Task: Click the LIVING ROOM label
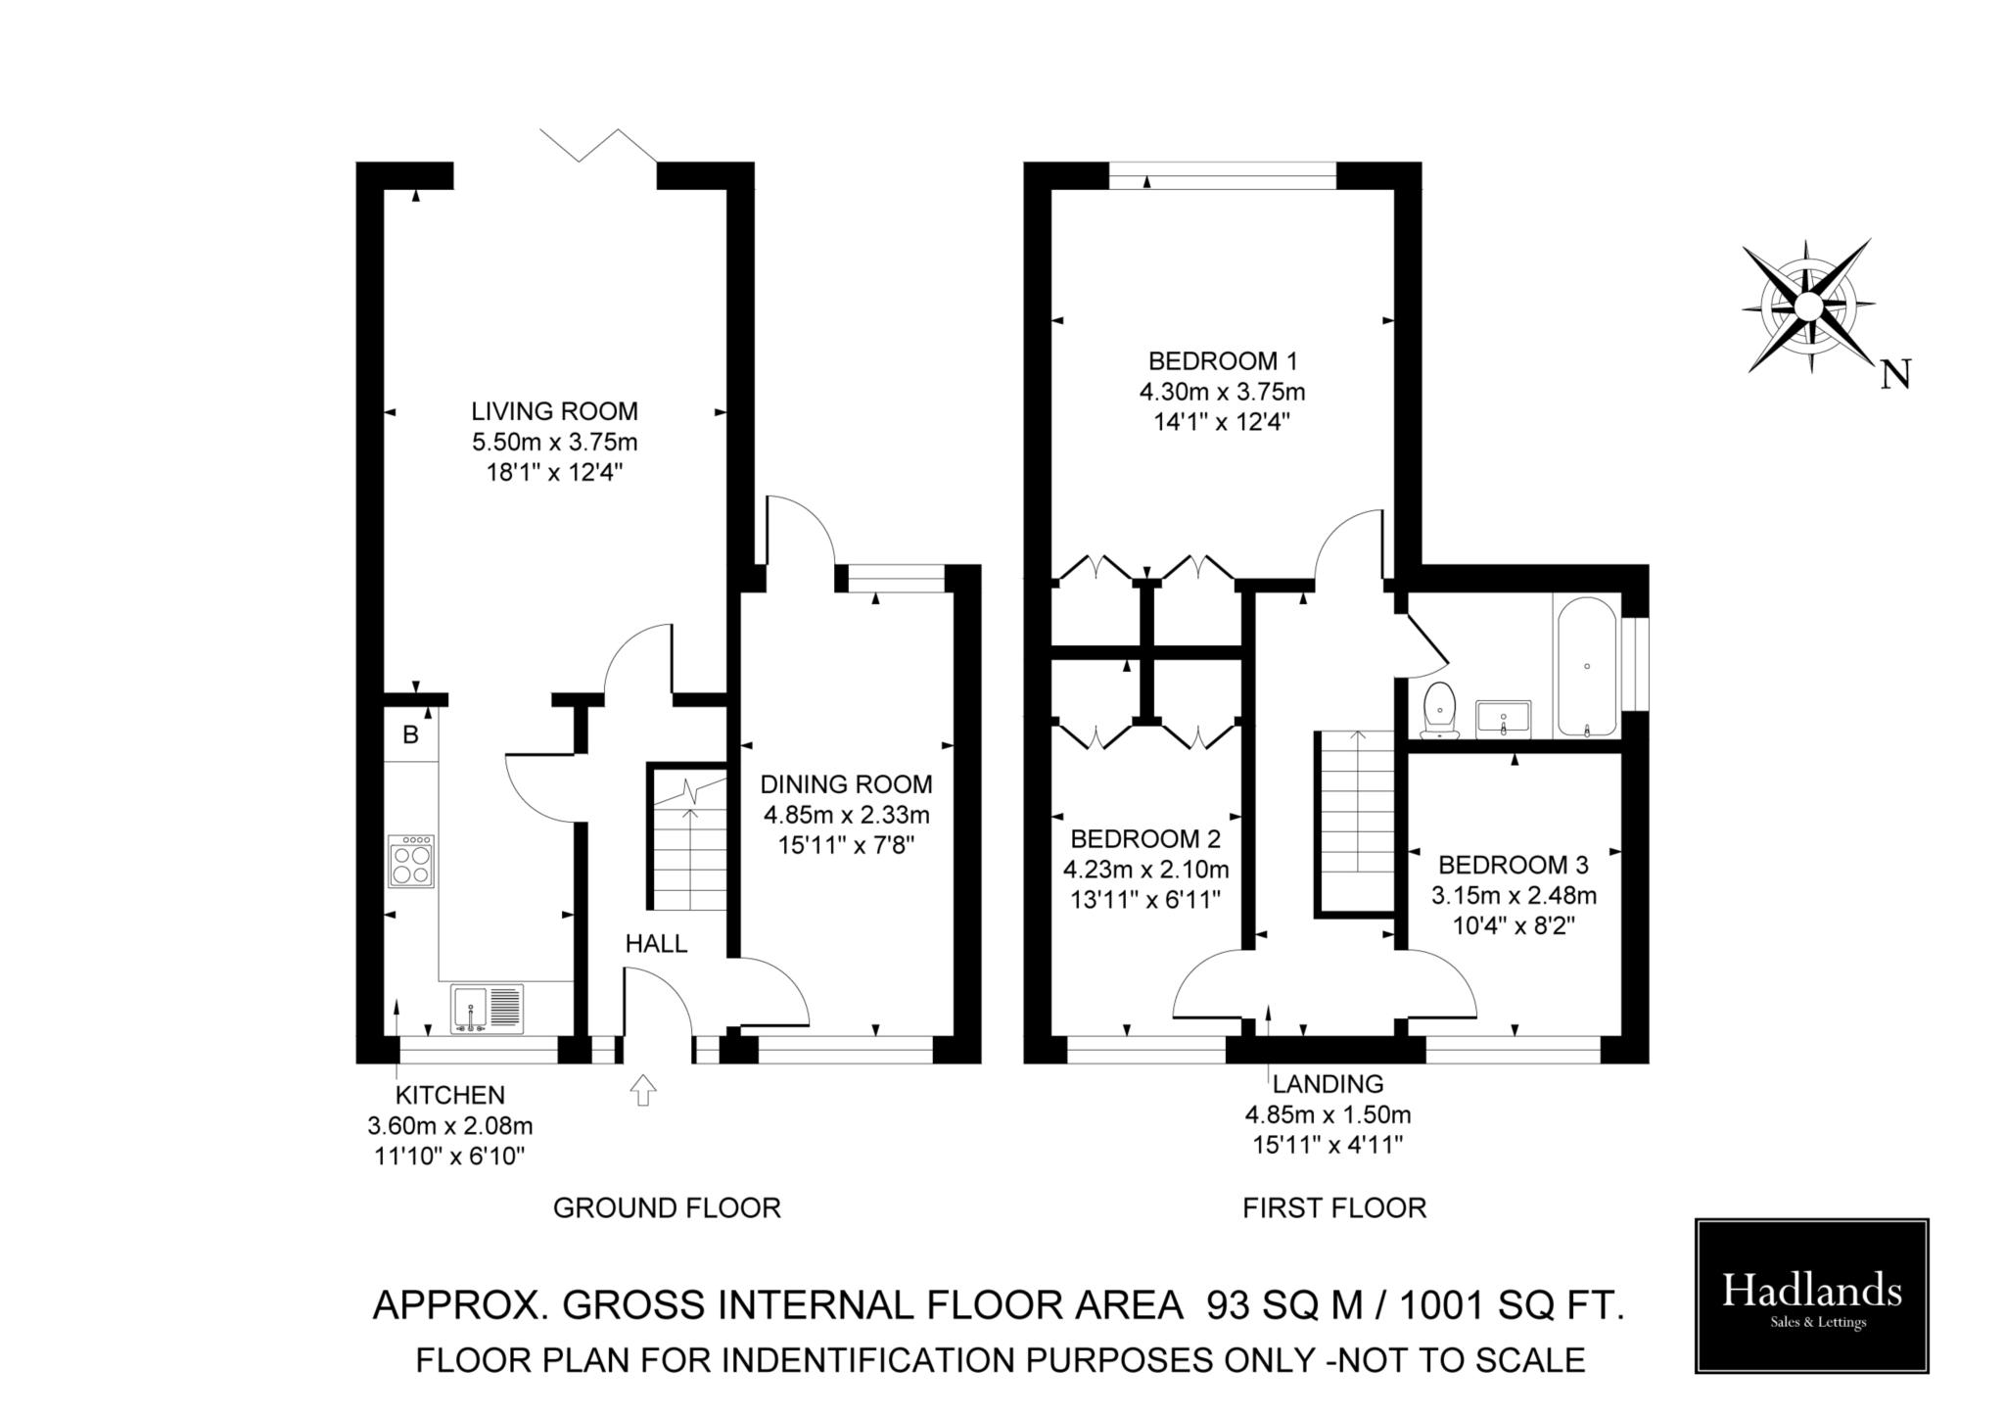[x=554, y=411]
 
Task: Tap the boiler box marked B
[x=410, y=734]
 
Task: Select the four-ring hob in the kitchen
[x=411, y=862]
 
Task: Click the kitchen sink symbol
[x=488, y=1010]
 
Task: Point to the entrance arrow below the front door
[x=643, y=1090]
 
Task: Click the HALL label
[x=656, y=944]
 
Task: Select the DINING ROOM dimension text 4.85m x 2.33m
[x=846, y=815]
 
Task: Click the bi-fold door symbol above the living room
[x=597, y=144]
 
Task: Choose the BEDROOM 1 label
[x=1222, y=361]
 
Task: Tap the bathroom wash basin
[x=1503, y=718]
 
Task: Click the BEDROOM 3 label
[x=1513, y=865]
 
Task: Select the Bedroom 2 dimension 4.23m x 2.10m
[x=1145, y=870]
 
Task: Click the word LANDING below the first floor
[x=1328, y=1084]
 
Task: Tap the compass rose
[x=1807, y=307]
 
